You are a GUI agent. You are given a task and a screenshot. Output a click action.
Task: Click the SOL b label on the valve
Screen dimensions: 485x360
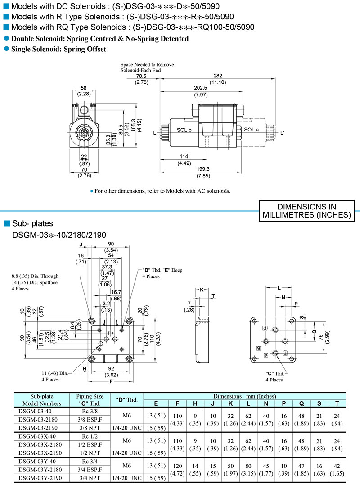coord(184,130)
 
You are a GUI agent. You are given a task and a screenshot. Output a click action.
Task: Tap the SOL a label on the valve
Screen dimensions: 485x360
coord(252,130)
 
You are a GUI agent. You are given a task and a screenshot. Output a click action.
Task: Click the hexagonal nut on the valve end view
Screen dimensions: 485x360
coord(83,133)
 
